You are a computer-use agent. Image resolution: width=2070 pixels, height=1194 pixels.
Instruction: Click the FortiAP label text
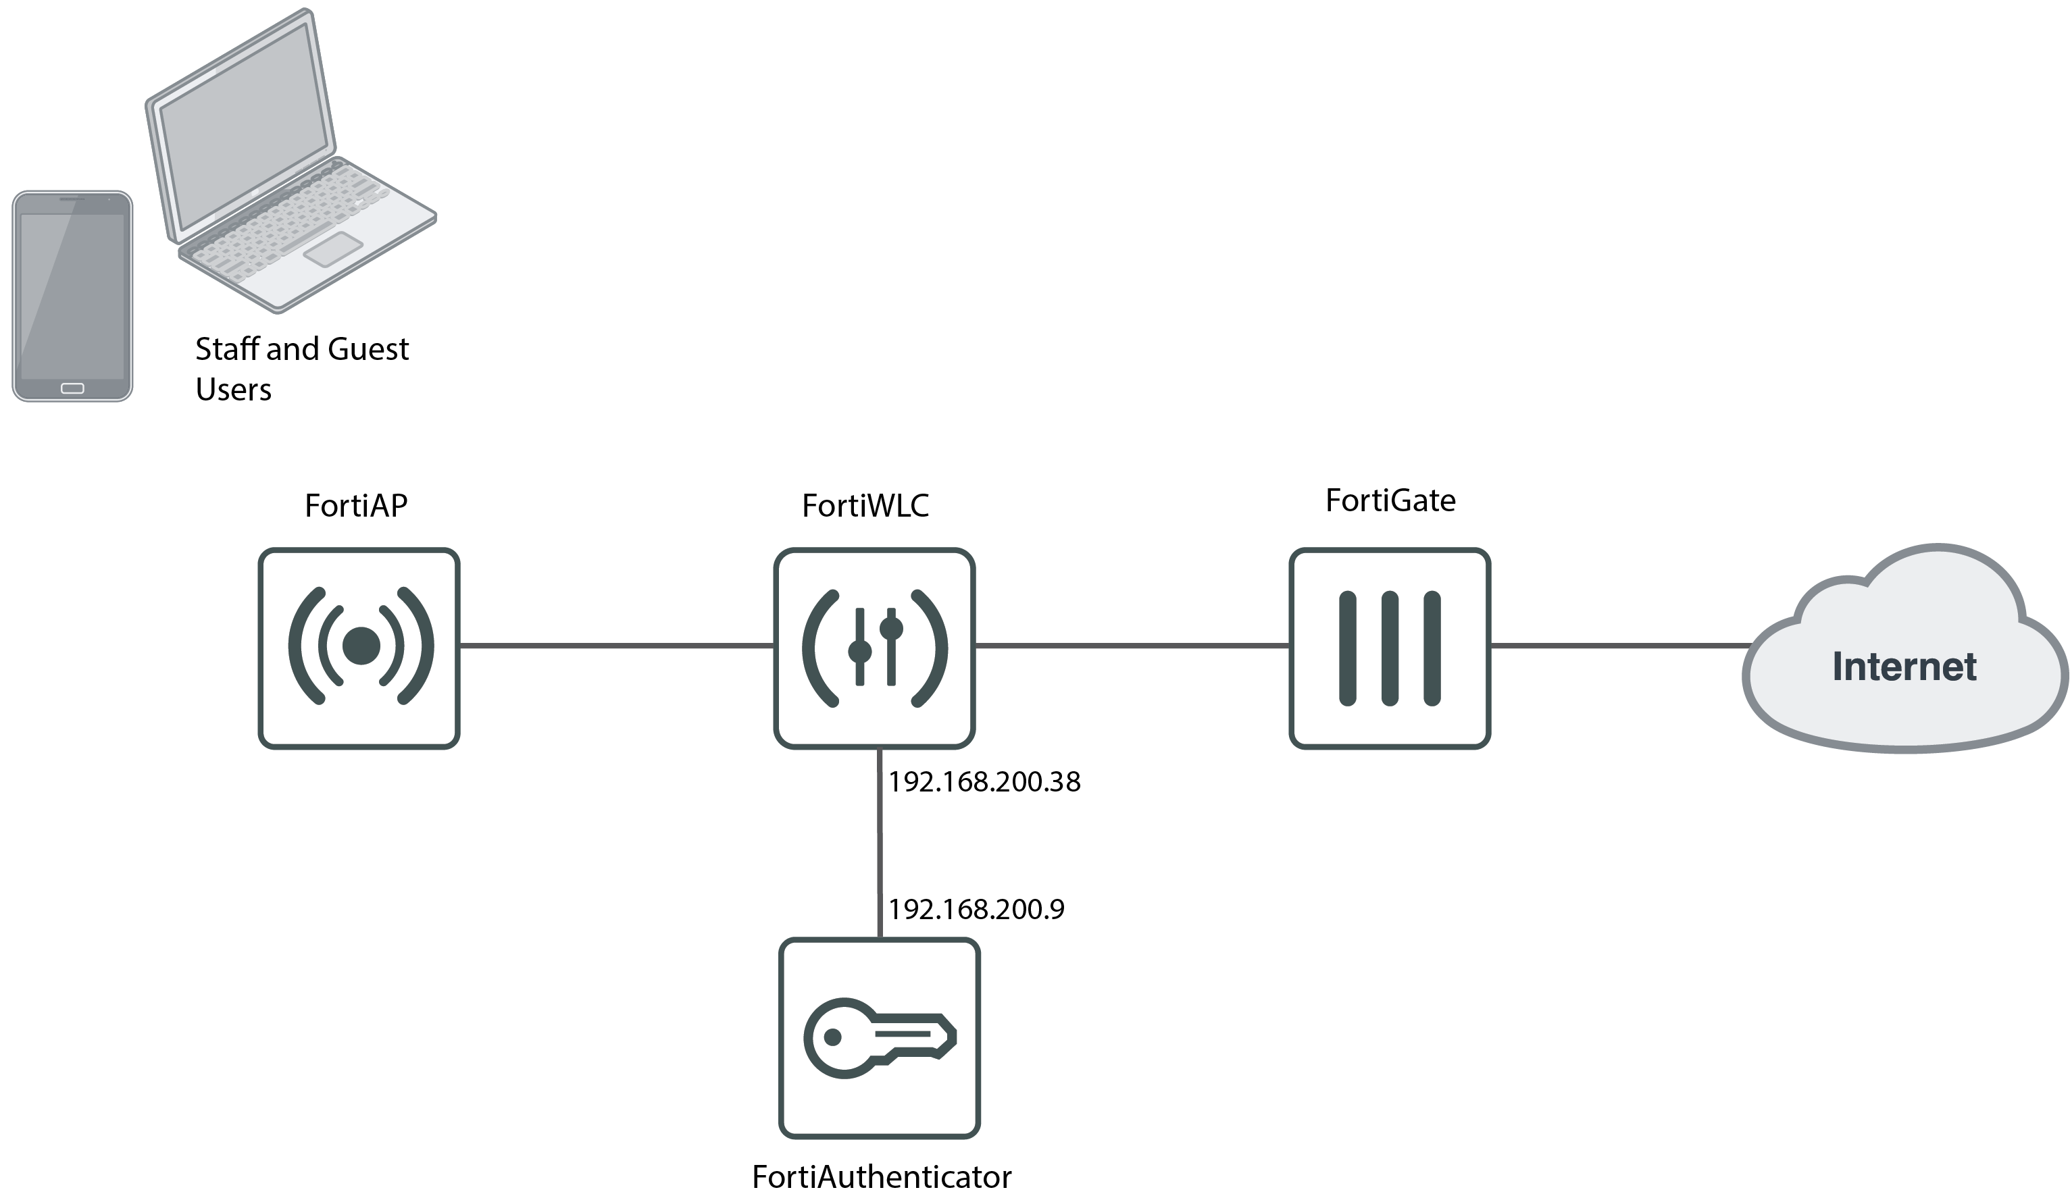tap(355, 506)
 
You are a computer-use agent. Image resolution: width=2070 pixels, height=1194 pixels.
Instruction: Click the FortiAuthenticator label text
tap(881, 1176)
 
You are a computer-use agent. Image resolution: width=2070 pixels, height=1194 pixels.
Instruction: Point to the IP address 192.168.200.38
tap(984, 781)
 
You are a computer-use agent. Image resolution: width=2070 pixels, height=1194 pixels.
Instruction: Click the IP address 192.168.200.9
tap(976, 908)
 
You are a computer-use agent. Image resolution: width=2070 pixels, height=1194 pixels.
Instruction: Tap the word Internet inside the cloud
tap(1904, 666)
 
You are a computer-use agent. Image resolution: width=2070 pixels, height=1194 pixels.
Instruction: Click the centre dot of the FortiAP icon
tap(361, 646)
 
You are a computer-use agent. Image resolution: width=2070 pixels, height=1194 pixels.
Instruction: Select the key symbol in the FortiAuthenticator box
tap(878, 1037)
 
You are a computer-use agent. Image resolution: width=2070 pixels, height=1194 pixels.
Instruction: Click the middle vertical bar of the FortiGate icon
tap(1389, 648)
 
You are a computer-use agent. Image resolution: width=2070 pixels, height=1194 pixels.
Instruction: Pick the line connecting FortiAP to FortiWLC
tap(615, 646)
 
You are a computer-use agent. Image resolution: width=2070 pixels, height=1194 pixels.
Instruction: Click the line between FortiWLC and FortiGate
tap(1132, 646)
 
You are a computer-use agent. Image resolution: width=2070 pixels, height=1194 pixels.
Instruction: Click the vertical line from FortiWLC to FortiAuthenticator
tap(880, 845)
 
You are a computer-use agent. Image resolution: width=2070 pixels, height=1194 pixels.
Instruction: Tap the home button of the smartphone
tap(72, 388)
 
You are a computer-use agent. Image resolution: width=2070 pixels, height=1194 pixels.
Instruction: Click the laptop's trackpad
tap(333, 249)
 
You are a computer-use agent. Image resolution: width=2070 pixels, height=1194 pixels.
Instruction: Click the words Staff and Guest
tap(301, 349)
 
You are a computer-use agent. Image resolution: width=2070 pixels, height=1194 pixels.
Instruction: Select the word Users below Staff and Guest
tap(233, 390)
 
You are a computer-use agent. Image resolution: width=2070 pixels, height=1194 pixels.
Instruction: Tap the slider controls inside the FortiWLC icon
tap(875, 647)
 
